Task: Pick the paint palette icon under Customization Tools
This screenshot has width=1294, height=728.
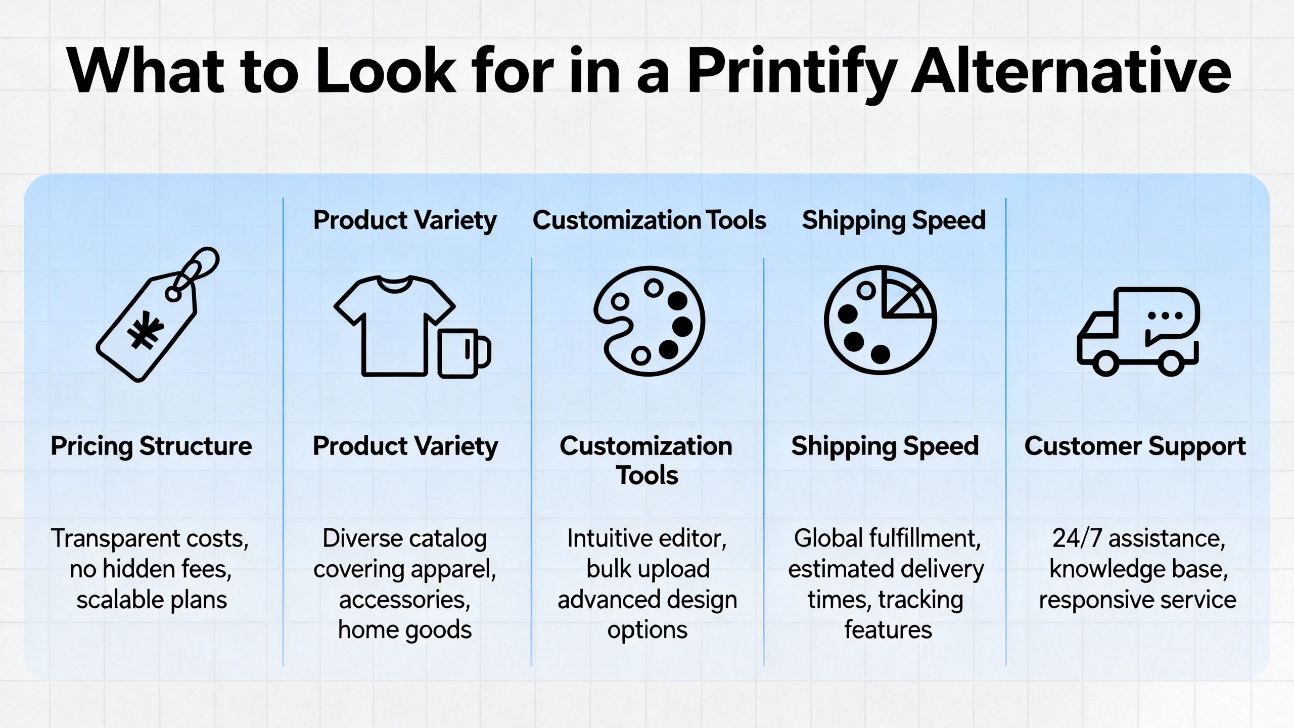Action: click(x=649, y=322)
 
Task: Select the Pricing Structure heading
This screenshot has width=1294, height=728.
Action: click(x=151, y=446)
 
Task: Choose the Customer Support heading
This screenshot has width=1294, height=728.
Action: click(x=1135, y=446)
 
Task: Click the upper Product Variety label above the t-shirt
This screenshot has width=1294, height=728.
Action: click(x=405, y=220)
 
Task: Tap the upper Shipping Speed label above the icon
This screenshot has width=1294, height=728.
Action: click(x=894, y=220)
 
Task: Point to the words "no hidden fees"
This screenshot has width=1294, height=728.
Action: click(x=151, y=569)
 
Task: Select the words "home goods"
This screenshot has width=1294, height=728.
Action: click(x=405, y=630)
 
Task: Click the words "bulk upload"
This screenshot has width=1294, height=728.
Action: click(x=648, y=569)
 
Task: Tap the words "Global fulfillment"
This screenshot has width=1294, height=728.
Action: click(x=887, y=538)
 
